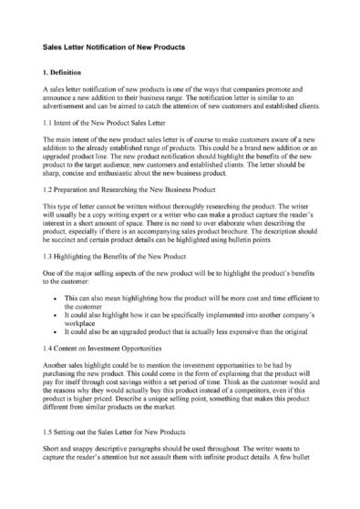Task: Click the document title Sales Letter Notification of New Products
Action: coord(115,46)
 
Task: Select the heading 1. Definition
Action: coord(66,70)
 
